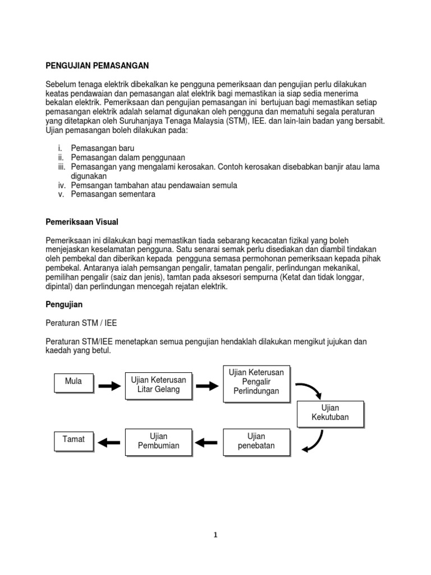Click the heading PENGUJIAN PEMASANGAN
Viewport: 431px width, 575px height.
click(97, 66)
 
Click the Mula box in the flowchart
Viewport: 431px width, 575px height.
click(73, 382)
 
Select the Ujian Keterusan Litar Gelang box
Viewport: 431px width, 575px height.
click(158, 385)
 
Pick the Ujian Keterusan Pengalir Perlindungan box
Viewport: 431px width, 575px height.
click(256, 382)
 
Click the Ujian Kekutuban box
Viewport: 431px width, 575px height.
click(330, 413)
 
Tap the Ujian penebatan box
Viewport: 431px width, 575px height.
click(256, 441)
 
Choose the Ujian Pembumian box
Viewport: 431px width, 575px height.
click(158, 441)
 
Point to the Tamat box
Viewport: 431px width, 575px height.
click(74, 440)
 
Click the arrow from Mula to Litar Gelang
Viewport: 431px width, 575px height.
click(110, 386)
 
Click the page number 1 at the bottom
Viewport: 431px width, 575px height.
click(215, 535)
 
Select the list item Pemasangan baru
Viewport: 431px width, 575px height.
click(102, 148)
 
